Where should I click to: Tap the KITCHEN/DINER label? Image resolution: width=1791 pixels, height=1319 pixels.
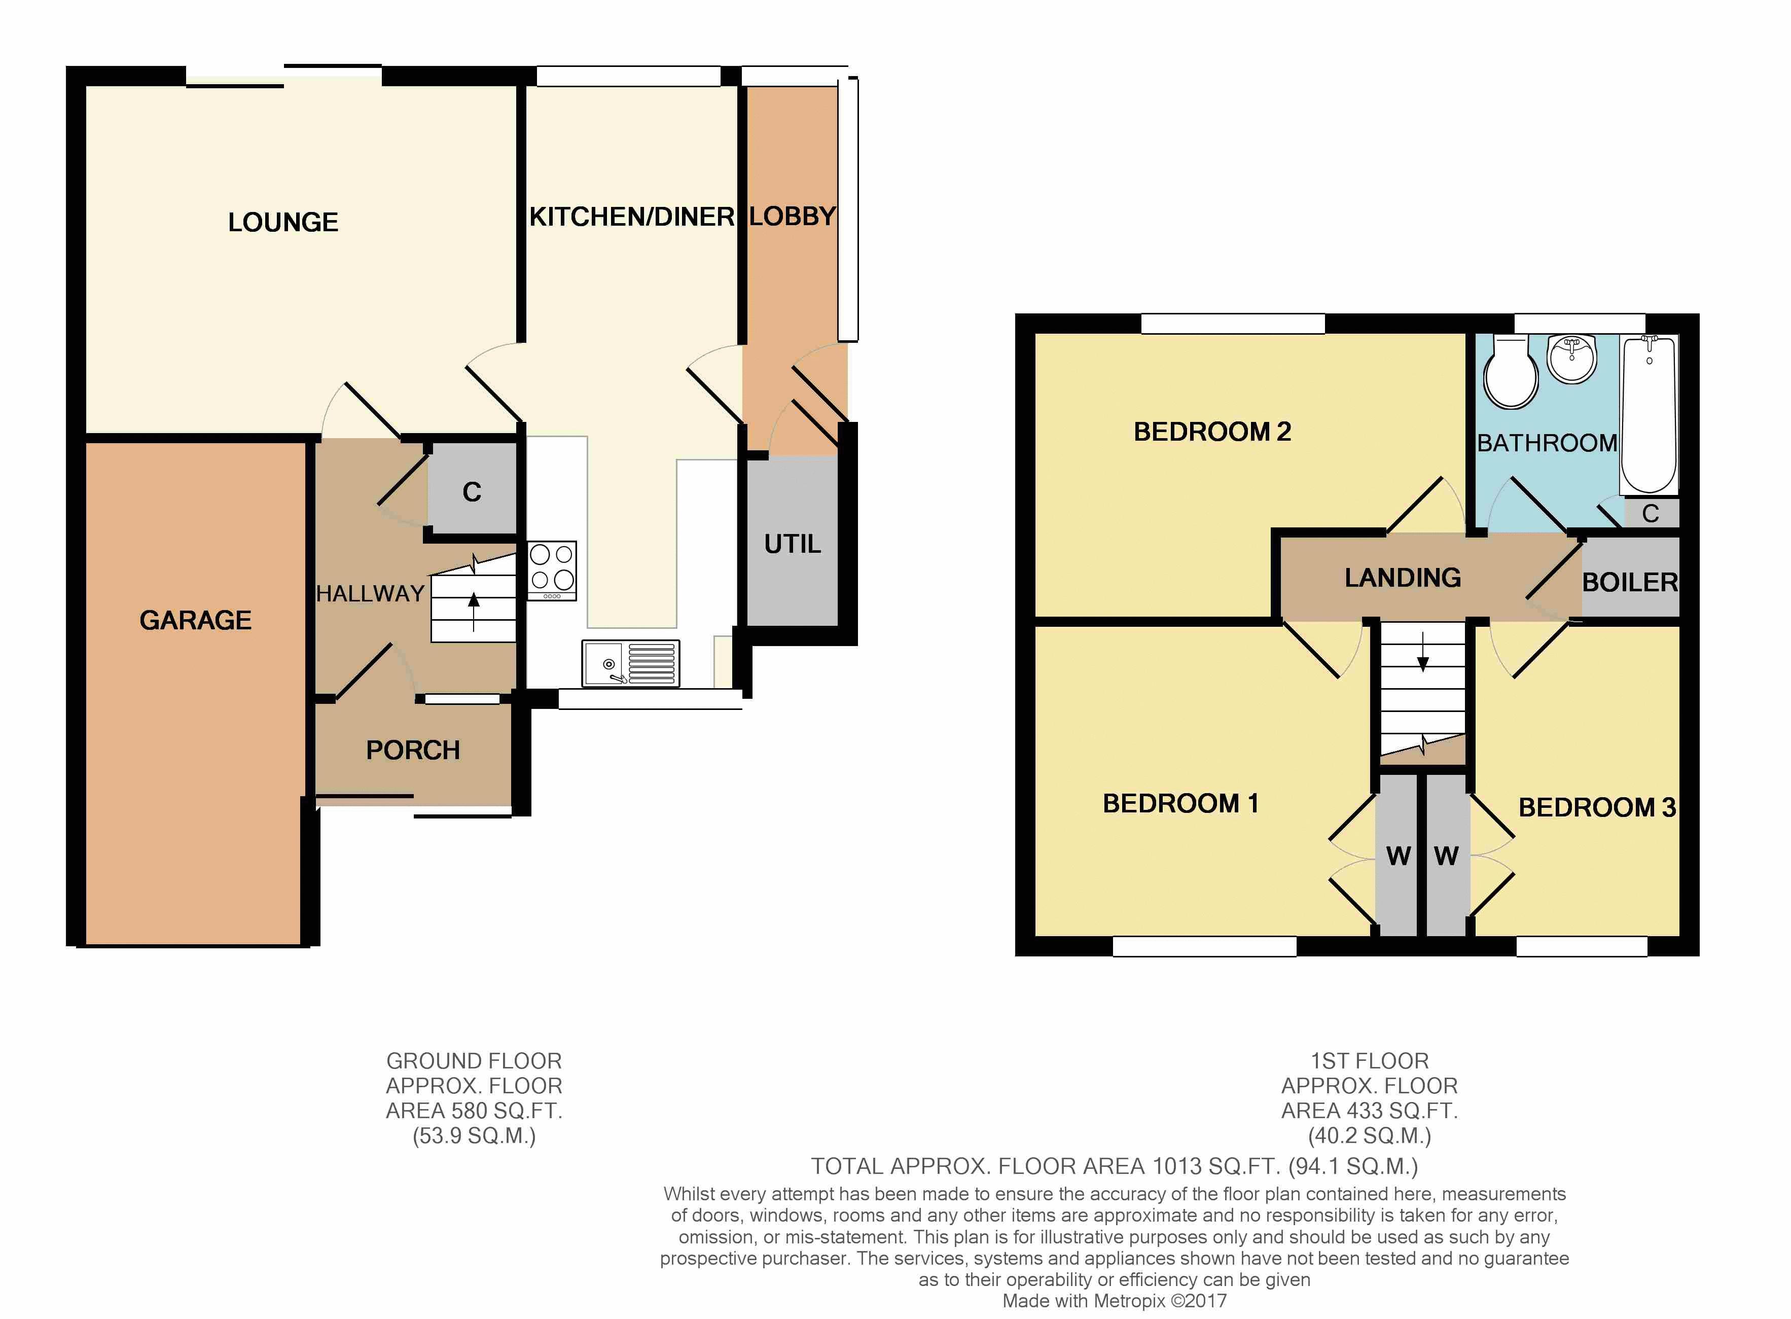[x=632, y=217]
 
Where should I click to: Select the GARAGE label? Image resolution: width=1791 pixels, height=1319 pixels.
[x=196, y=620]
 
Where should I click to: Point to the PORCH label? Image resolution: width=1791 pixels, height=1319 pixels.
[x=413, y=751]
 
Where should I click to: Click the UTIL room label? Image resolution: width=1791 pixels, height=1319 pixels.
[x=792, y=544]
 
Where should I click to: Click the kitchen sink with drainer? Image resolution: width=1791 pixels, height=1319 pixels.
[x=631, y=663]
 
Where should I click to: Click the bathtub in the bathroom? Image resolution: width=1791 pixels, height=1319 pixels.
[x=1649, y=414]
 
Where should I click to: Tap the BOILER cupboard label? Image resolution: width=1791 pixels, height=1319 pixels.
[x=1630, y=583]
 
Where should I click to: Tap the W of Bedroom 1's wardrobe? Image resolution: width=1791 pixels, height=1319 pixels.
[x=1398, y=857]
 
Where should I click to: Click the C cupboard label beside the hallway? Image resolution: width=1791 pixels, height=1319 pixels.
[x=472, y=492]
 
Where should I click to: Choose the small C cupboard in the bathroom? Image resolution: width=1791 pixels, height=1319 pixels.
[x=1651, y=513]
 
